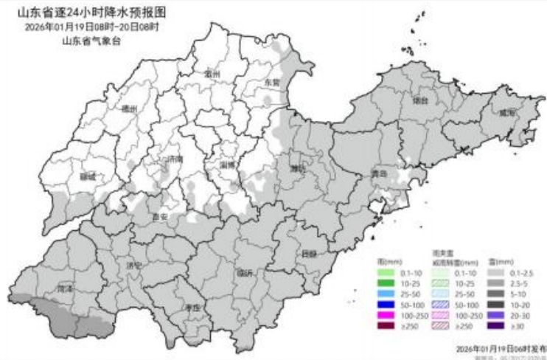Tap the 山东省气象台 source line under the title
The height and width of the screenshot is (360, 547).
91,41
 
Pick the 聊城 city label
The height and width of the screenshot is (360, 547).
88,177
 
